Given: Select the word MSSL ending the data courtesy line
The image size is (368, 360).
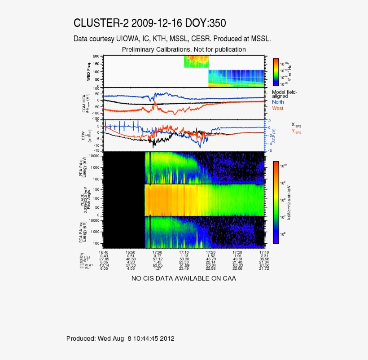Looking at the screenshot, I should [260, 39].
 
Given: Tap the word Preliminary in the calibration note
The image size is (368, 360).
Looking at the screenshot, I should [139, 49].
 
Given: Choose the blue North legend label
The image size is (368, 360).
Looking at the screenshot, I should [278, 102].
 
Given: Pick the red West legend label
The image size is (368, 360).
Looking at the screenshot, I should [278, 108].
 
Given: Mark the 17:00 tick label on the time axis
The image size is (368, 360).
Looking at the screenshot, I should [158, 252].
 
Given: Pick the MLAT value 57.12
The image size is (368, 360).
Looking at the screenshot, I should [158, 259].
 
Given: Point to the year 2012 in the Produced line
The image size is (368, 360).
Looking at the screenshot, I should [167, 338].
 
